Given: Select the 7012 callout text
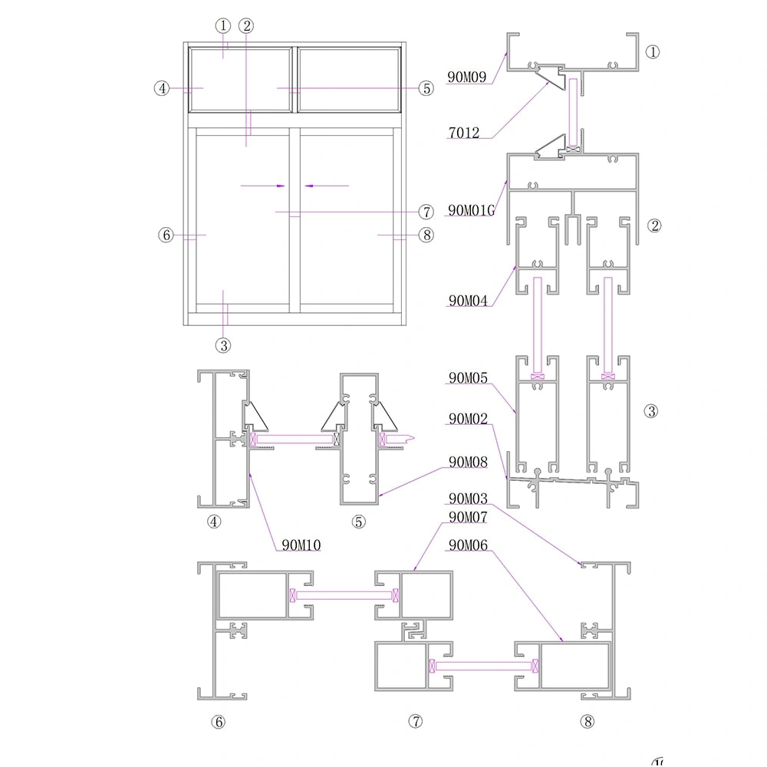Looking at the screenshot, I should (x=463, y=133).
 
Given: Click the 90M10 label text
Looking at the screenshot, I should (x=301, y=545).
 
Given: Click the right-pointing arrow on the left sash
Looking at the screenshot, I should (x=281, y=186).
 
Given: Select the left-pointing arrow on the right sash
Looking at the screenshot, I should (x=308, y=186).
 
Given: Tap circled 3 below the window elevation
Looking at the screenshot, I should (x=223, y=345).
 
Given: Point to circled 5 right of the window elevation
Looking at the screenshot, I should (x=426, y=88).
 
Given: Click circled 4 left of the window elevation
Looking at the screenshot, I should (x=161, y=88).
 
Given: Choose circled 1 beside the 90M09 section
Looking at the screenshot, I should (x=652, y=52).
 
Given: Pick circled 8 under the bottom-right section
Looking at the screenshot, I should (x=588, y=721).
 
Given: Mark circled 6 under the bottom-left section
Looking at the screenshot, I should (x=219, y=721).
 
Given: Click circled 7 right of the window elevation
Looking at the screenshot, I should (x=426, y=212).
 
